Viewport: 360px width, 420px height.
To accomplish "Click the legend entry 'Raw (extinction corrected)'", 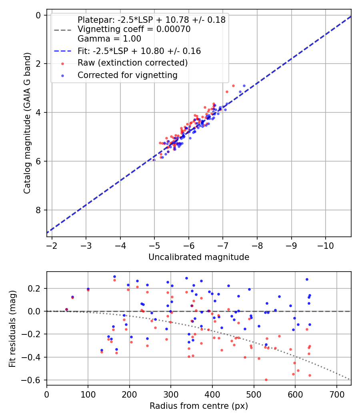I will (x=132, y=63).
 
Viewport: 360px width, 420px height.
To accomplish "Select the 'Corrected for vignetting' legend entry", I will (x=127, y=75).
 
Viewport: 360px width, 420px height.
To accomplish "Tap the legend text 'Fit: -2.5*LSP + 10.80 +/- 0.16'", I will (x=139, y=51).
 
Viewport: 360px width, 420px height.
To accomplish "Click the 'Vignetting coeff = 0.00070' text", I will (x=134, y=29).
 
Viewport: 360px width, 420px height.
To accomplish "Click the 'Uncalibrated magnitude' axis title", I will (x=199, y=257).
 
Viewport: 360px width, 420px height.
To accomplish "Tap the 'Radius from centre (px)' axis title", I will (x=199, y=406).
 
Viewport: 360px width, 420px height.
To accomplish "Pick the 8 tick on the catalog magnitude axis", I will (x=38, y=210).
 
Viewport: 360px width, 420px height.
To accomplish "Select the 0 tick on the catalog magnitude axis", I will (x=38, y=15).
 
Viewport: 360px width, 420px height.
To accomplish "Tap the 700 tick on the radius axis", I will (x=336, y=394).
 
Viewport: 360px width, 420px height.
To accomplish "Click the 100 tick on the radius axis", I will (x=88, y=394).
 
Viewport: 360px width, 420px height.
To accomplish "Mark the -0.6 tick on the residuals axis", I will (x=34, y=380).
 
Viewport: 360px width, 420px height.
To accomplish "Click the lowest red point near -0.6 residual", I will (x=266, y=380).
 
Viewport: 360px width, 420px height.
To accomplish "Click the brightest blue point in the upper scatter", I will (x=244, y=86).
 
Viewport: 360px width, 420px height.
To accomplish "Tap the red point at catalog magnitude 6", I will (x=154, y=160).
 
